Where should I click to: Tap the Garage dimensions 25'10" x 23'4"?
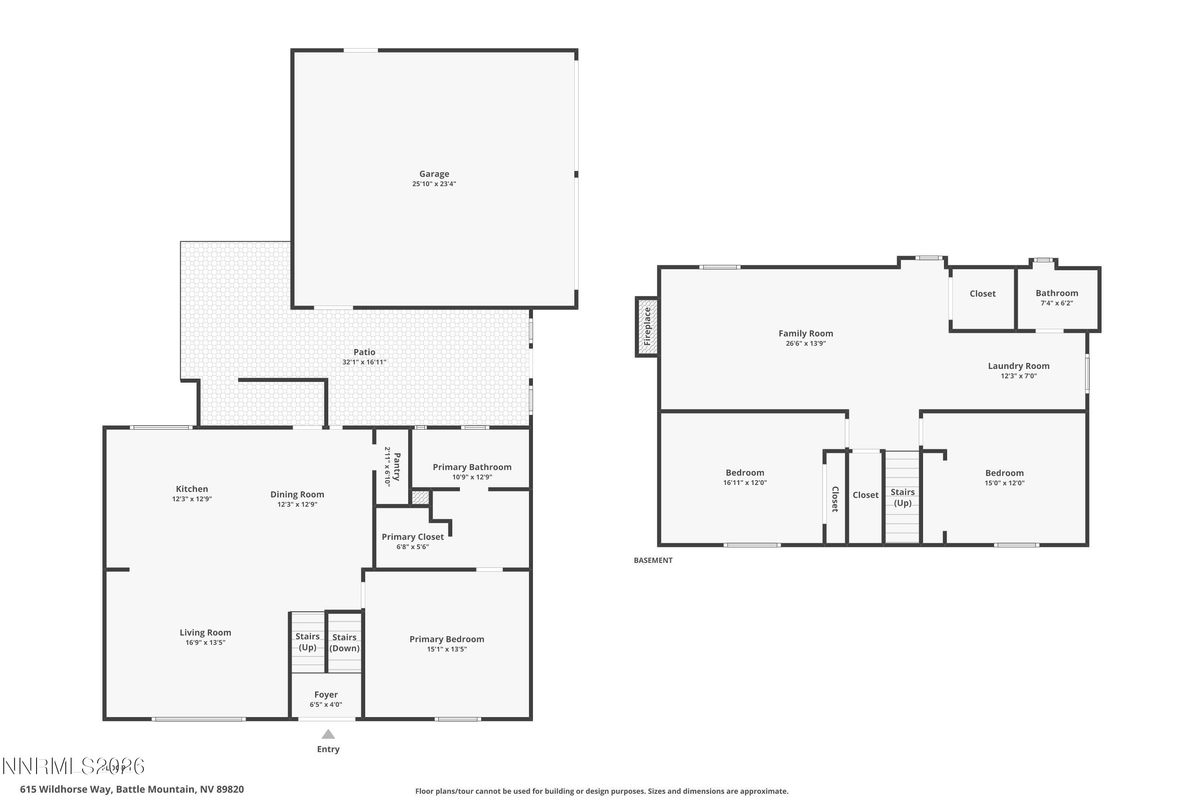point(434,184)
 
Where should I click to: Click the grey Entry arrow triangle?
point(328,735)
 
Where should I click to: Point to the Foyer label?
point(325,695)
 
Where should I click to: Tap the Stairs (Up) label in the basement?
point(903,497)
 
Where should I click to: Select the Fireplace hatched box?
point(647,326)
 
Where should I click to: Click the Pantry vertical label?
point(397,467)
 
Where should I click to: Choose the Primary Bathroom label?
point(472,467)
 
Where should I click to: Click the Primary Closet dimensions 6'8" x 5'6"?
point(413,547)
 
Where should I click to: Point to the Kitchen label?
point(192,489)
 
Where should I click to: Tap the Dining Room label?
point(297,495)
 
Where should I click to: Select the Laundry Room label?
point(1018,366)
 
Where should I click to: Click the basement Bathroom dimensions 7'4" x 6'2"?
point(1057,303)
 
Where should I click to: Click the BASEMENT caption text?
point(653,560)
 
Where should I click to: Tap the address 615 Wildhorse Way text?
point(132,789)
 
